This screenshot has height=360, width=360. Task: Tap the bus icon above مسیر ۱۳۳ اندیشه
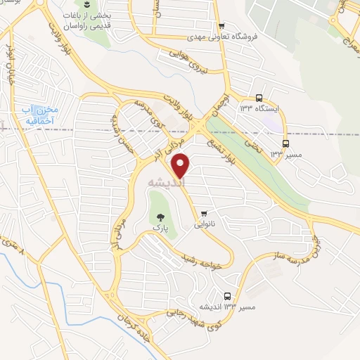[x=226, y=296]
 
